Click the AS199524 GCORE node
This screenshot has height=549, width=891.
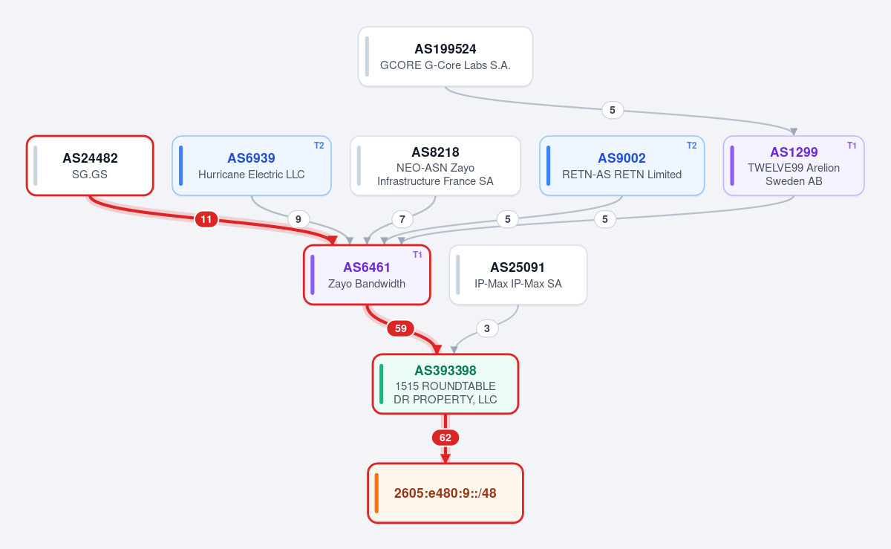[x=445, y=56]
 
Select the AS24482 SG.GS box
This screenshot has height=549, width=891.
[x=90, y=166]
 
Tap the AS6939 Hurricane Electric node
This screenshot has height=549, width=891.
[x=252, y=166]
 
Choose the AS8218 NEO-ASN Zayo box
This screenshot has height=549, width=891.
[x=435, y=166]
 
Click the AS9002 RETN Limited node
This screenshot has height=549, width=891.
[x=621, y=166]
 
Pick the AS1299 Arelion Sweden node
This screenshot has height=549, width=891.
[x=794, y=166]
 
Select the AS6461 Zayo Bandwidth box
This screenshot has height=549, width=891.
[x=367, y=275]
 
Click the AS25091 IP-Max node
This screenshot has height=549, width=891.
[x=518, y=275]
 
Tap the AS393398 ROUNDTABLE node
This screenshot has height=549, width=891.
[x=445, y=384]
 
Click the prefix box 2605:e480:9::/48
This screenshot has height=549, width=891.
[x=445, y=493]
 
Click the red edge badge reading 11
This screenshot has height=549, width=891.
[x=206, y=219]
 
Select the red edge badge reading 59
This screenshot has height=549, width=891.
[x=400, y=328]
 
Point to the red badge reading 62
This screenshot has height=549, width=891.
[x=445, y=438]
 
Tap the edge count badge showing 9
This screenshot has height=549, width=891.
[x=298, y=219]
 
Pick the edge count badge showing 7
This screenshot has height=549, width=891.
[x=402, y=219]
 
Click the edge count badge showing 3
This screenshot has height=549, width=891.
[x=487, y=328]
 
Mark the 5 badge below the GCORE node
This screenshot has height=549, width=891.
[x=612, y=110]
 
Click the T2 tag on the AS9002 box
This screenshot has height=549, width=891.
[x=692, y=146]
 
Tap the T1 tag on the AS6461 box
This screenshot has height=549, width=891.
[x=417, y=255]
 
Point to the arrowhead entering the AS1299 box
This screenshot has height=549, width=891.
[x=794, y=131]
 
